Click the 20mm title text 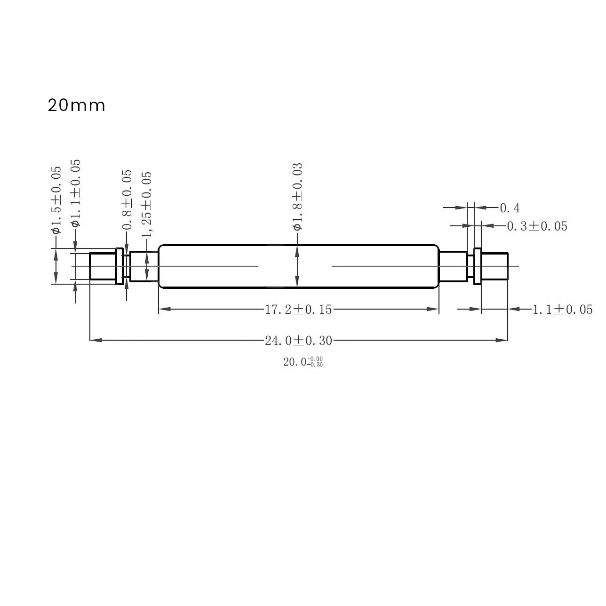point(76,105)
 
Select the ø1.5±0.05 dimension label point(56,199)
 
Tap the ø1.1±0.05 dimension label point(75,193)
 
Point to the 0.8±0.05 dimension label point(127,200)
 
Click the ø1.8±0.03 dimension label point(297,197)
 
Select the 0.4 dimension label point(510,207)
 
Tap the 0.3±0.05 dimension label point(537,226)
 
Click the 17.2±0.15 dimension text point(298,309)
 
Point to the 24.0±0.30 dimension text point(298,340)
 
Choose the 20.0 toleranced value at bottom point(303,362)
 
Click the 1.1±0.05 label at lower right point(562,310)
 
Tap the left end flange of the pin point(120,266)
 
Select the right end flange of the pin point(478,266)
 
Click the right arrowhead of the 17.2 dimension point(433,309)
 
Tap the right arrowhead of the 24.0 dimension point(502,340)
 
